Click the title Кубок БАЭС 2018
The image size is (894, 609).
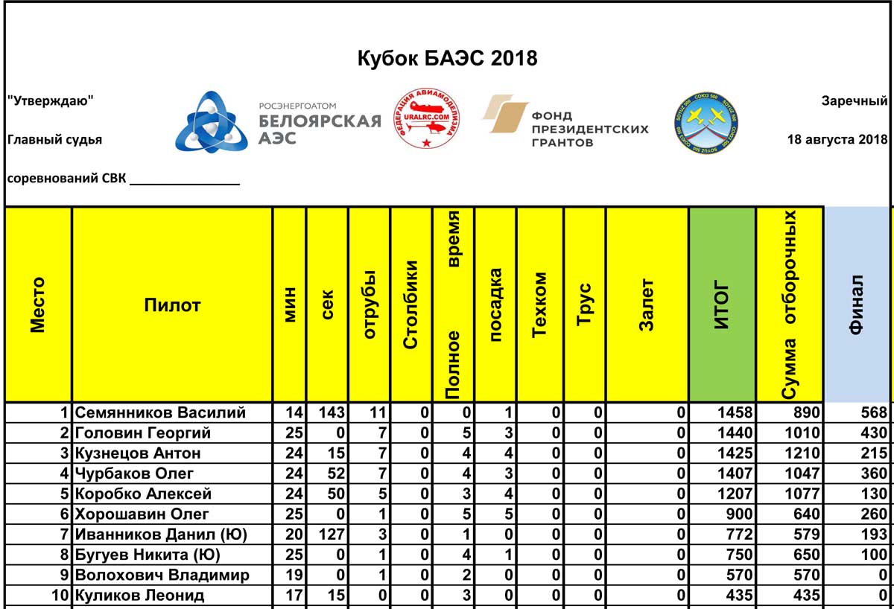(x=447, y=58)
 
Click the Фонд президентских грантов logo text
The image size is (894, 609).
(x=589, y=128)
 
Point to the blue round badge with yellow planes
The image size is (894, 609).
(x=705, y=123)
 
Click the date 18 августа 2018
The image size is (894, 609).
(x=837, y=139)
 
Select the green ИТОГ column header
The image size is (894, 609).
(x=722, y=304)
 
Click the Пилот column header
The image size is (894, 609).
(x=172, y=304)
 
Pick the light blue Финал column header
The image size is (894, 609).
(x=857, y=304)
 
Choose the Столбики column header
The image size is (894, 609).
(x=410, y=304)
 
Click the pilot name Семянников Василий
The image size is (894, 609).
(x=160, y=412)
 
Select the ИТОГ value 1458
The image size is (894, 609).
(x=734, y=413)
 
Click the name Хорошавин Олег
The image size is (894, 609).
(x=142, y=514)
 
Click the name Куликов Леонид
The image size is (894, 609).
(x=139, y=596)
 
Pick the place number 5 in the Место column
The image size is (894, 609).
(x=66, y=494)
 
